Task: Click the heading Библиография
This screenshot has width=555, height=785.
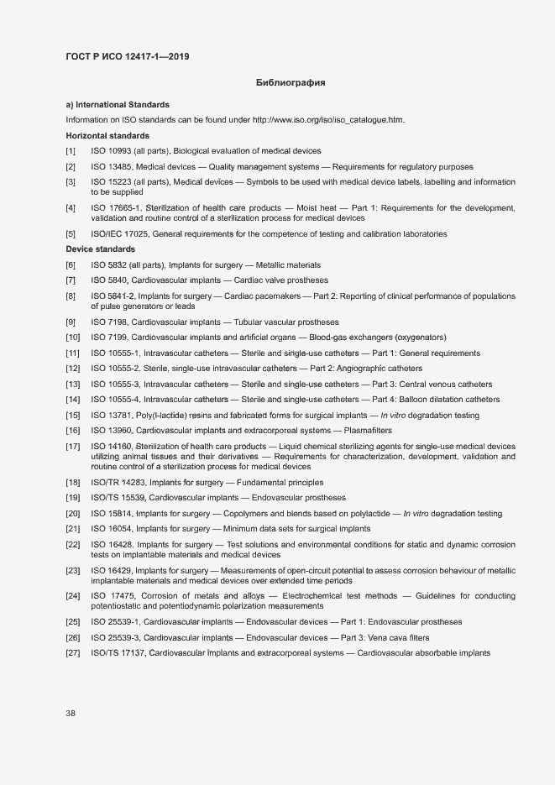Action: point(290,83)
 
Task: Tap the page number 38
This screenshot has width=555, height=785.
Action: point(71,713)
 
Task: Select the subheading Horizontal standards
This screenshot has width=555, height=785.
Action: point(107,135)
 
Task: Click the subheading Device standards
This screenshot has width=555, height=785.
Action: point(100,249)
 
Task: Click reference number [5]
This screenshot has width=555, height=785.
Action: point(71,233)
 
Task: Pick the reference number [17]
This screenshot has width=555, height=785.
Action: point(73,446)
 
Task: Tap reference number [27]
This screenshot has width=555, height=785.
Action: point(73,652)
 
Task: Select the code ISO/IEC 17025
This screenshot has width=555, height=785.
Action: point(114,233)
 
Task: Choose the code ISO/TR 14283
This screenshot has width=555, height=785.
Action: point(113,483)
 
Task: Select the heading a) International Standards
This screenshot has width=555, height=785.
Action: point(118,105)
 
